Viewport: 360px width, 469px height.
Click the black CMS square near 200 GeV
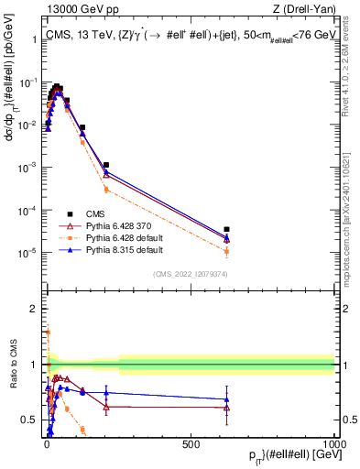click(106, 165)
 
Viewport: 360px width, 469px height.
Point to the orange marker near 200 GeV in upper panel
click(106, 189)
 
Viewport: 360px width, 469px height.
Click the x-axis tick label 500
click(191, 444)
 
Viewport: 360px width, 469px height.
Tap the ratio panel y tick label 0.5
click(29, 420)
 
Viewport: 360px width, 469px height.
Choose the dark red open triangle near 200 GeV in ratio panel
click(106, 406)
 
